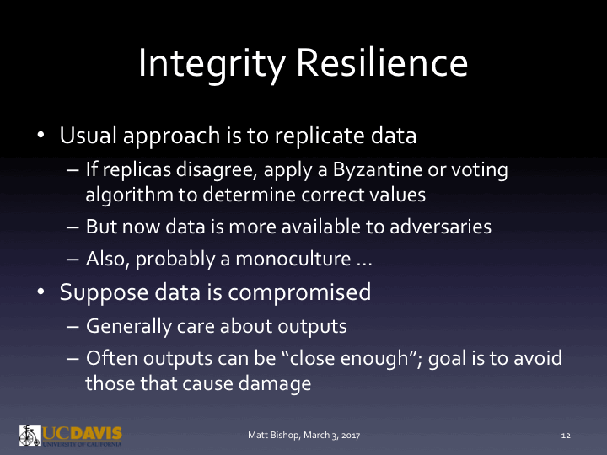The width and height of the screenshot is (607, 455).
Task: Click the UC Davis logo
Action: pos(70,435)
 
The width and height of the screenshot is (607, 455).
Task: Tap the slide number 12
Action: pos(566,436)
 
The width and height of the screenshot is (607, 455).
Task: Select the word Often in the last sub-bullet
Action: pos(107,358)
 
